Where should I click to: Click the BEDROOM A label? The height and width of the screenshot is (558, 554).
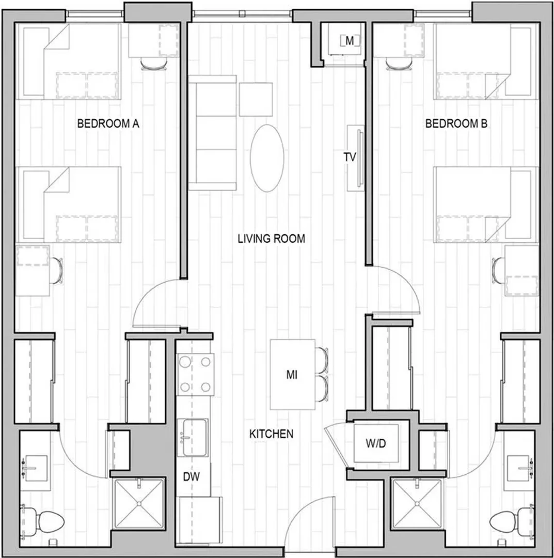point(108,123)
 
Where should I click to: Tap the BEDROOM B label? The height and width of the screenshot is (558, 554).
point(456,123)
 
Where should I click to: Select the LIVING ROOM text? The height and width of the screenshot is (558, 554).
point(271,238)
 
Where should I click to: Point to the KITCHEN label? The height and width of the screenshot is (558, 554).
point(271,434)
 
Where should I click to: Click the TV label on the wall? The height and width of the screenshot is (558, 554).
point(350,157)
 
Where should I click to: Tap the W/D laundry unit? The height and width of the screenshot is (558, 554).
point(376,443)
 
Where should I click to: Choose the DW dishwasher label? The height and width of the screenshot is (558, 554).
point(192,476)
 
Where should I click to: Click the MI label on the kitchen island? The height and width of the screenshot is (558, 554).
point(292,375)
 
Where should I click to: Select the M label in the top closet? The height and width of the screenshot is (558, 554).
point(350,41)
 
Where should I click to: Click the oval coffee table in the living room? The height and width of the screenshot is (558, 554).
point(267,158)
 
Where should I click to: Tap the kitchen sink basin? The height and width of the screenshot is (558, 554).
point(194,438)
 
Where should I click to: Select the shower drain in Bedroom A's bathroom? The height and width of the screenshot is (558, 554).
point(139,504)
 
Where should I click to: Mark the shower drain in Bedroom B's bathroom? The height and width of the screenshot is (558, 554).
point(416,504)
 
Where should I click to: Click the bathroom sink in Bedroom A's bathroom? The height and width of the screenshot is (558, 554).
point(35,468)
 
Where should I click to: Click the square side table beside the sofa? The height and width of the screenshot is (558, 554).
point(256,99)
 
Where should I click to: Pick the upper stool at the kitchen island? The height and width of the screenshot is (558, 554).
point(322,360)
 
